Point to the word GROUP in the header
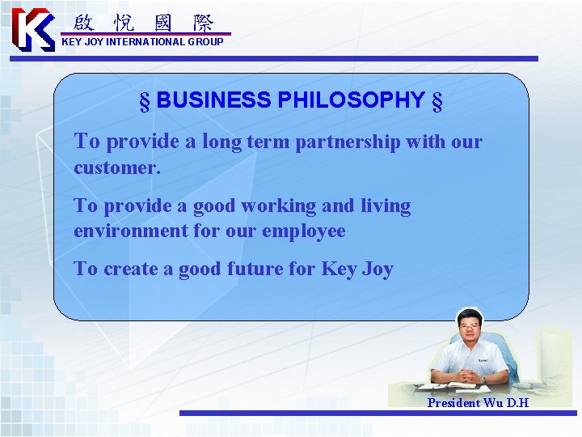click(x=205, y=41)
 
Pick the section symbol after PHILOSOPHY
click(x=437, y=101)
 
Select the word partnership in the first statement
click(x=348, y=142)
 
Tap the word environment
click(x=130, y=231)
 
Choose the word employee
click(x=304, y=231)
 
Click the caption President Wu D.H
click(x=478, y=402)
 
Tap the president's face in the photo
click(x=470, y=329)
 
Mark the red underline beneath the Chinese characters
click(x=145, y=34)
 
